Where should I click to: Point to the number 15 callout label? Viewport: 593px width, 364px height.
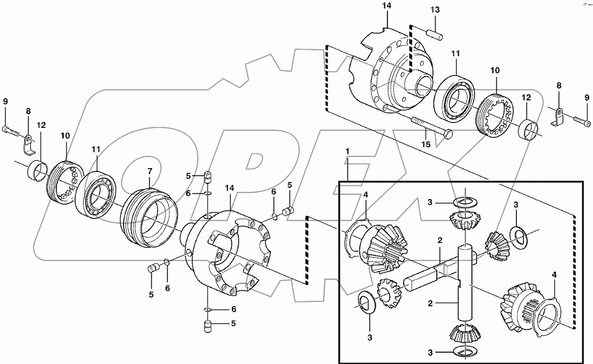tap(425, 144)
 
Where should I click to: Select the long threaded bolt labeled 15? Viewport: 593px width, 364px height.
tap(429, 128)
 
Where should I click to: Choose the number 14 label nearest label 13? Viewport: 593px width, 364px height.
tap(386, 6)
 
